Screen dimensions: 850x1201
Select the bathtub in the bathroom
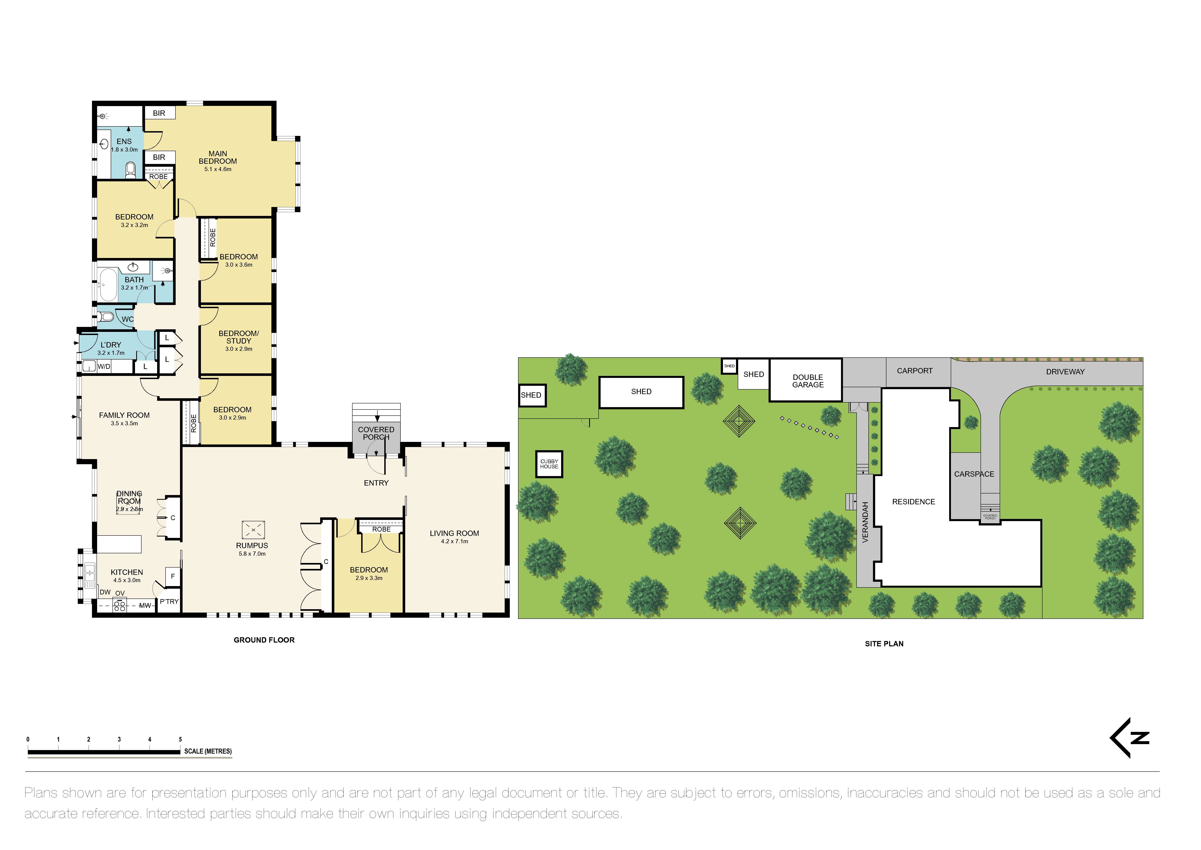pos(108,285)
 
